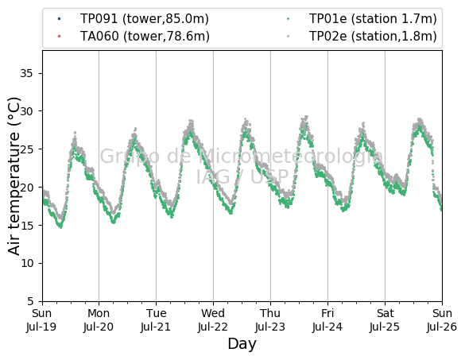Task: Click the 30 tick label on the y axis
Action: [26, 111]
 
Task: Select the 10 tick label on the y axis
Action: [26, 263]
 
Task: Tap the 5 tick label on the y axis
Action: [30, 301]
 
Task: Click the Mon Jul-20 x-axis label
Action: [99, 320]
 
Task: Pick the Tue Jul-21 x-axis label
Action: [156, 320]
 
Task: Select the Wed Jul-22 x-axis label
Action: [213, 320]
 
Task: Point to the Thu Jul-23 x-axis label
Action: [270, 320]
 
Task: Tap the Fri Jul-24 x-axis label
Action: [327, 320]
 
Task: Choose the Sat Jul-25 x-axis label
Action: [385, 320]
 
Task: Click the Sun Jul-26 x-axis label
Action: [442, 320]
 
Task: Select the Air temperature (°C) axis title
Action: [14, 176]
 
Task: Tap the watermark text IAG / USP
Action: [242, 177]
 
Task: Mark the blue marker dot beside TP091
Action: [59, 19]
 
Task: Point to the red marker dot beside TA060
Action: [59, 37]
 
